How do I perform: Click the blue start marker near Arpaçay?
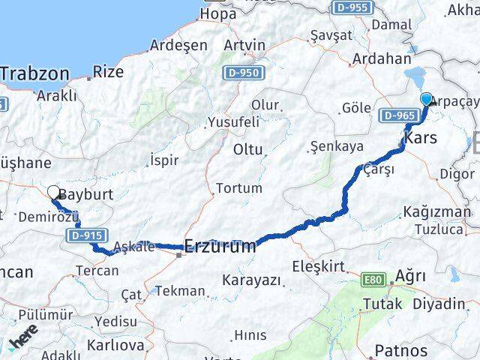pos(427,99)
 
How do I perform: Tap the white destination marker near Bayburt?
pos(54,193)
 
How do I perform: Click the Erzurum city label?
pos(220,245)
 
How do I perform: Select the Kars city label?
pos(420,138)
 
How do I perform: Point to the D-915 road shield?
pos(84,235)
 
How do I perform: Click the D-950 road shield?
pos(241,73)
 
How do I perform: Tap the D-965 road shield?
pos(397,115)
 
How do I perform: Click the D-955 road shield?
pos(352,7)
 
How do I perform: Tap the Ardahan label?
pos(382,58)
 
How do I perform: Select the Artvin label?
pos(244,45)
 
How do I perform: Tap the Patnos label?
pos(400,349)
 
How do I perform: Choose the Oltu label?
pos(248,149)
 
